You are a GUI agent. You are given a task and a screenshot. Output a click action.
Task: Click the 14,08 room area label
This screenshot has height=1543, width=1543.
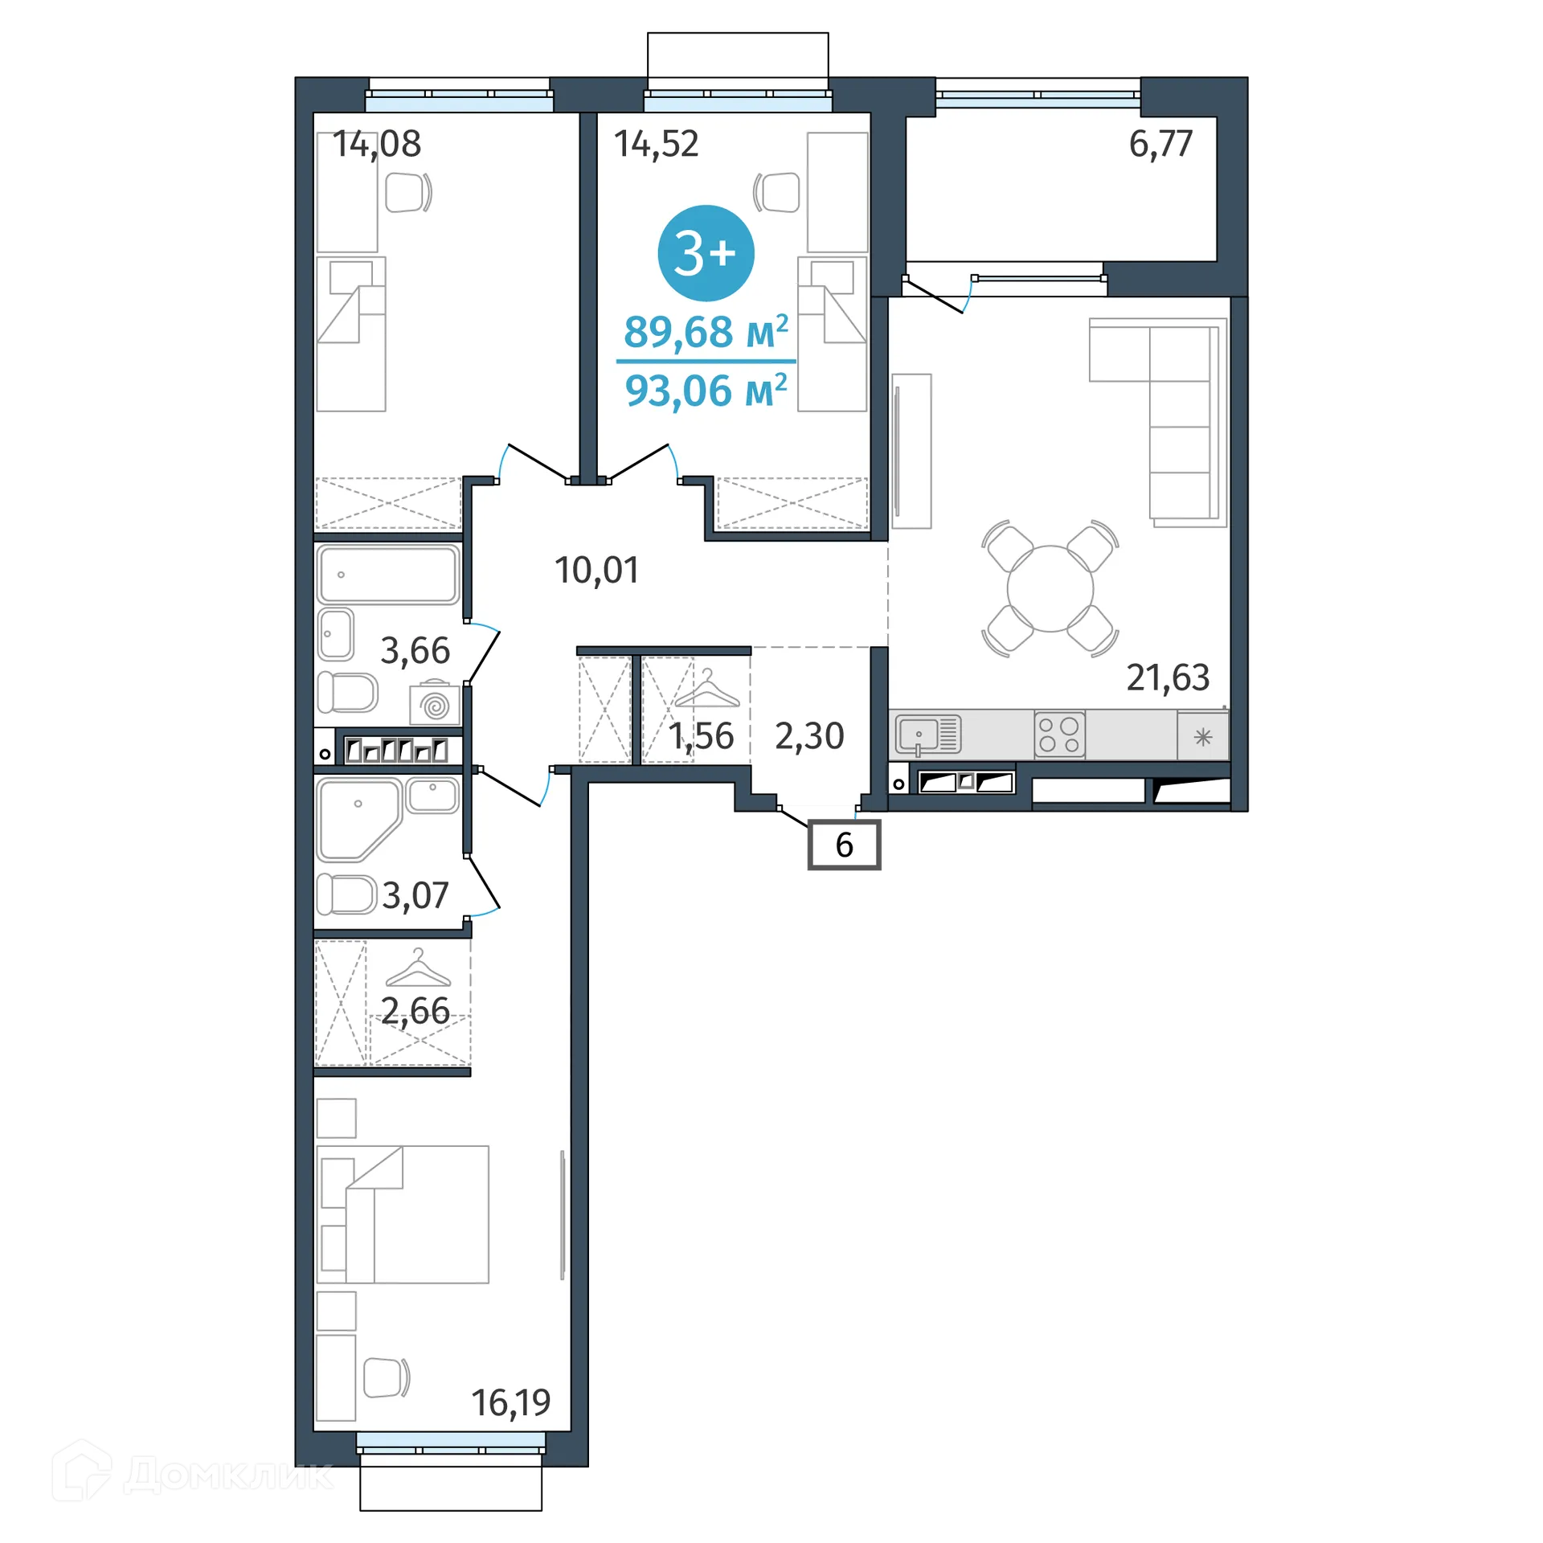click(x=377, y=145)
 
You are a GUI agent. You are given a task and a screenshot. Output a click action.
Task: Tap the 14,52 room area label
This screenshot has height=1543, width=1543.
click(x=657, y=145)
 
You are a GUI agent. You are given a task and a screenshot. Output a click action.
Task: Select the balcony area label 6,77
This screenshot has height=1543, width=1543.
click(x=1160, y=145)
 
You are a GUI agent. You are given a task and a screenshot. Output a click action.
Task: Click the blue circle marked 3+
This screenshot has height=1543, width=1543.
click(x=706, y=253)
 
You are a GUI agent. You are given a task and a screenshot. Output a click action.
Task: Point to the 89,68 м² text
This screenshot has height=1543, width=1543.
click(x=706, y=331)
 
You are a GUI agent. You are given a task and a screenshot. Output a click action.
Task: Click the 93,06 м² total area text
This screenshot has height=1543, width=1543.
click(x=706, y=391)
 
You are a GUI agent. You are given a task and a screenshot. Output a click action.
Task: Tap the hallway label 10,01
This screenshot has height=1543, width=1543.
click(x=596, y=571)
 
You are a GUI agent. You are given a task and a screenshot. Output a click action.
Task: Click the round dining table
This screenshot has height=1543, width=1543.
click(x=1050, y=588)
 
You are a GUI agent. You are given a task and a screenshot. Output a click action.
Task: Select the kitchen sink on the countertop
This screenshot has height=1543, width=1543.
click(x=928, y=735)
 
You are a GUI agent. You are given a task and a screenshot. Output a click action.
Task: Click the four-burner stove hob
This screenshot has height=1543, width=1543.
click(x=1059, y=735)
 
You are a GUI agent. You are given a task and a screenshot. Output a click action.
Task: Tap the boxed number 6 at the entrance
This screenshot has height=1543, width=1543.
click(x=844, y=845)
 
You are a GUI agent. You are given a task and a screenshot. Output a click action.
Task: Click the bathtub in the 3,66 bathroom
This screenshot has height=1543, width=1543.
click(x=388, y=575)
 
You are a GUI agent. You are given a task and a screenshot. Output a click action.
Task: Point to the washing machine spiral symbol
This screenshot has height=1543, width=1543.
click(x=435, y=706)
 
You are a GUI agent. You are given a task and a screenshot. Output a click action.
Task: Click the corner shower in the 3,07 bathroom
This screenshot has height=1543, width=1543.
click(x=358, y=820)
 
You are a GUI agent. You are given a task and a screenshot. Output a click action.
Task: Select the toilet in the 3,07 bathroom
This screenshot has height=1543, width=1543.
click(x=346, y=894)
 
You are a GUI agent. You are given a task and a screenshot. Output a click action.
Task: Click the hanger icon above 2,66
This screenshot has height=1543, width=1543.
click(x=418, y=968)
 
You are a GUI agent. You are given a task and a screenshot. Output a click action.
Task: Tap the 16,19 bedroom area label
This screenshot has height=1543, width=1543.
click(x=511, y=1403)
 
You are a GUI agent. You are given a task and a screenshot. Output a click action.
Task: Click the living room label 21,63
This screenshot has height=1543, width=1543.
click(x=1168, y=677)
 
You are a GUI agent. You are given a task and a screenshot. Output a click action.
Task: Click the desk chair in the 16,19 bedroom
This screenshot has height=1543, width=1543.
click(x=387, y=1377)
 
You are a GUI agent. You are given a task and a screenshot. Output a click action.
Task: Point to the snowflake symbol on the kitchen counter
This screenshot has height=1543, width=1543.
click(x=1203, y=736)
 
